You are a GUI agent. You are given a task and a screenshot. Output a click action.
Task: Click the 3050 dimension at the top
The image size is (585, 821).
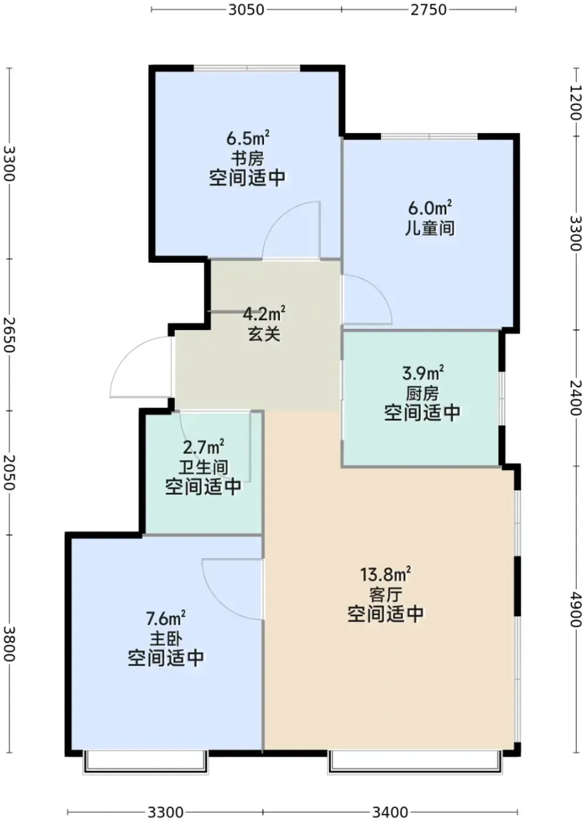click(246, 10)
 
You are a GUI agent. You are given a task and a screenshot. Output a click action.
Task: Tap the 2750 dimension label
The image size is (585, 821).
click(428, 10)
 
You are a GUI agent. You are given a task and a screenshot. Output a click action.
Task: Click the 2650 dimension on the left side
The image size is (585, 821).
click(9, 335)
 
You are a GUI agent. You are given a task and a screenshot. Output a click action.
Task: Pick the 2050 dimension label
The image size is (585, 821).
click(9, 473)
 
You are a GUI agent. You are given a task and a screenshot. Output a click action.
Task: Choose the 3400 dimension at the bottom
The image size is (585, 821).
click(390, 812)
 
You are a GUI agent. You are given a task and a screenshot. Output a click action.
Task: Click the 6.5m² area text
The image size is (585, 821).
click(248, 138)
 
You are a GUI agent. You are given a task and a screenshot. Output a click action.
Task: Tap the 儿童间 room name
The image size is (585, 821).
click(430, 228)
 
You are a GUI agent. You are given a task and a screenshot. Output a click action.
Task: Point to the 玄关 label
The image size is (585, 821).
click(264, 334)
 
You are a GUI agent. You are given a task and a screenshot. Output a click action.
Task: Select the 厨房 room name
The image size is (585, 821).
click(422, 393)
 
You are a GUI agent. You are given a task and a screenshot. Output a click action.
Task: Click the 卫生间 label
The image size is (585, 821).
click(203, 468)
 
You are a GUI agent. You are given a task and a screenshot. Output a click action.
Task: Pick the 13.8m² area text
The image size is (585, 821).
click(385, 574)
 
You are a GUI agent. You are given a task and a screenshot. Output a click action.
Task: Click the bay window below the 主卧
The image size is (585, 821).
click(146, 762)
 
